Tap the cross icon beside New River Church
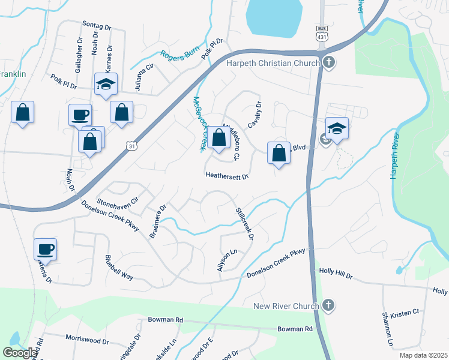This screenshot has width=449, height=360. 328,306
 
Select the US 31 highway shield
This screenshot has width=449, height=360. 131,145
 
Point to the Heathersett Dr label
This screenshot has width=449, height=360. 227,176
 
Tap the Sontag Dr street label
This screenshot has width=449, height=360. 97,27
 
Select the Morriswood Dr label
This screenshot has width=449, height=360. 87,341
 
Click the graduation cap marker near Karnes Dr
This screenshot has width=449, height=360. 106,85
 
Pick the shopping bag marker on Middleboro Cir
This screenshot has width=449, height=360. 218,137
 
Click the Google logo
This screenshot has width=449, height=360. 20,353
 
